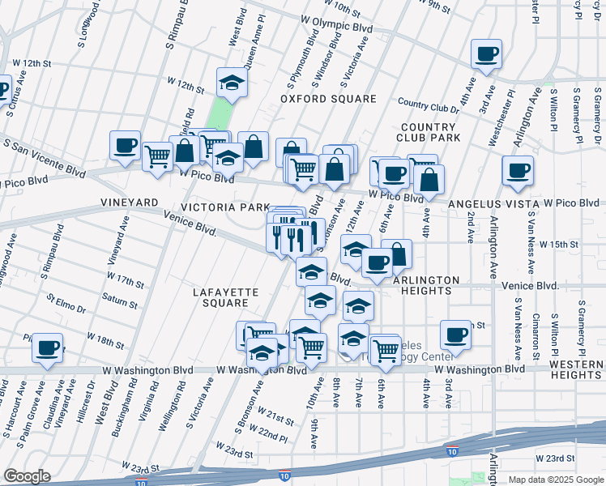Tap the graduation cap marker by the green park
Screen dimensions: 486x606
coord(233,83)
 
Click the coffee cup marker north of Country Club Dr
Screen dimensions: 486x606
coord(487,54)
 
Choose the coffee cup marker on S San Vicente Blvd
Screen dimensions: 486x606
coord(126,146)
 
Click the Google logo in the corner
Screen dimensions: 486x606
coord(27,476)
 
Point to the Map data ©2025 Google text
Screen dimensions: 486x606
coord(555,480)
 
